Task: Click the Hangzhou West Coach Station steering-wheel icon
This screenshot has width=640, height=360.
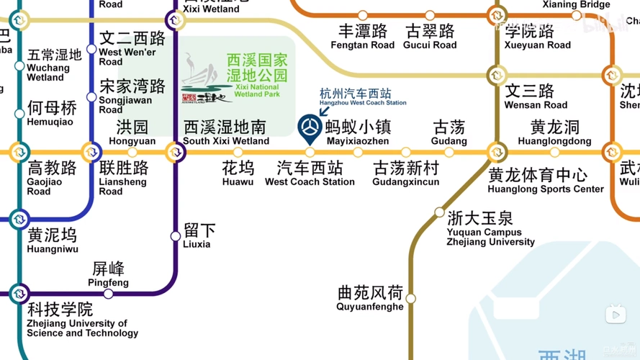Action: pyautogui.click(x=310, y=127)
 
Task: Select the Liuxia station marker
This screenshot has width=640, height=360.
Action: pyautogui.click(x=175, y=236)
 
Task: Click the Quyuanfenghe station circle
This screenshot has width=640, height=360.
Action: pyautogui.click(x=410, y=298)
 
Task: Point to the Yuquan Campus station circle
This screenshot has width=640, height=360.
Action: pyautogui.click(x=439, y=212)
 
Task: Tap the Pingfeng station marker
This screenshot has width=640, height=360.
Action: pyautogui.click(x=108, y=294)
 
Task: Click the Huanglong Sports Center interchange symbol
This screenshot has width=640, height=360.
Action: pyautogui.click(x=496, y=153)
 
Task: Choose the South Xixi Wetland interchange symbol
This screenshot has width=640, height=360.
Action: pyautogui.click(x=174, y=153)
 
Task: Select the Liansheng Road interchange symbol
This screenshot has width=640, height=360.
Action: pyautogui.click(x=91, y=153)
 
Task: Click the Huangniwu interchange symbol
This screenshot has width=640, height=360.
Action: pyautogui.click(x=19, y=219)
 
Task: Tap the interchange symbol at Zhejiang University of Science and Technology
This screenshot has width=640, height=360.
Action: pyautogui.click(x=19, y=294)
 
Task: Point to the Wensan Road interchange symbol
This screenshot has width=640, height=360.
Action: pyautogui.click(x=496, y=75)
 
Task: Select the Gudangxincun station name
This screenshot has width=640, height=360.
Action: pyautogui.click(x=405, y=174)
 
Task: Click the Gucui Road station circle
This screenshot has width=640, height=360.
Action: pyautogui.click(x=430, y=15)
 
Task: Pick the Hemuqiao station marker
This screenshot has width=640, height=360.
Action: pyautogui.click(x=19, y=114)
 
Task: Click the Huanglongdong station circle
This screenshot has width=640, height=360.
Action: pyautogui.click(x=554, y=153)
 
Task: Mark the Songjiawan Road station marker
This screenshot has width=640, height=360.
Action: pyautogui.click(x=91, y=97)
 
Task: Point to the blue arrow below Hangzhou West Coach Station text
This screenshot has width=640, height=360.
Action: pyautogui.click(x=323, y=112)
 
